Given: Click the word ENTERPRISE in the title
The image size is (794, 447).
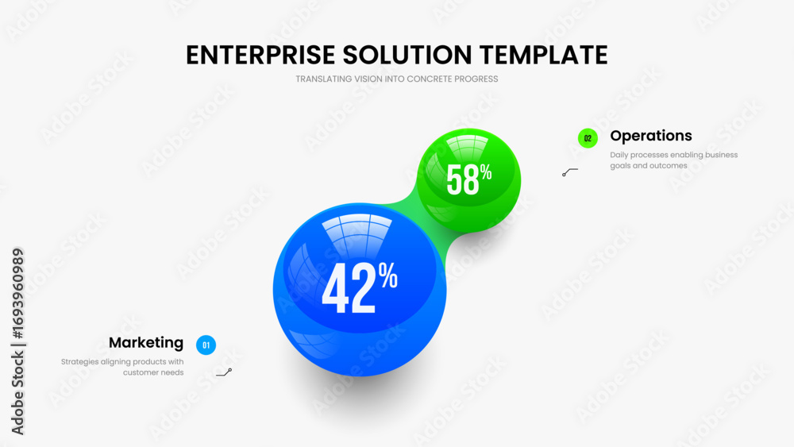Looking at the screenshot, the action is pos(260,55).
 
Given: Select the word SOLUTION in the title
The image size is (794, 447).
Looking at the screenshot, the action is pos(407,55).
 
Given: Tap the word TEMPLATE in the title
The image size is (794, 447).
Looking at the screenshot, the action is pos(543,55).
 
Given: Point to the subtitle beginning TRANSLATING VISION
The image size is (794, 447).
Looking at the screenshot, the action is pos(396,79).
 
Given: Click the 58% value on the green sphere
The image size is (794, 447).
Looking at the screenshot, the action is pos(469,179).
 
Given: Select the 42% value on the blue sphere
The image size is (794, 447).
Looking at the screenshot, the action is pos(360,287).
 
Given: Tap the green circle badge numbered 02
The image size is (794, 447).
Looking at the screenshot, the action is pos(588,138).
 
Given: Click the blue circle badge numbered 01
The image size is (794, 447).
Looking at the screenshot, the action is pos(206,345).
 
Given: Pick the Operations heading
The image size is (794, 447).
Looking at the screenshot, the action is pos(651,136).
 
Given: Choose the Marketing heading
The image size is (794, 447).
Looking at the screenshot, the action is pos(146,343).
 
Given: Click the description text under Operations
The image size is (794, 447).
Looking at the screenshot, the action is pos(673,160).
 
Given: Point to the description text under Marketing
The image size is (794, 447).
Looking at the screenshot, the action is pos(122,367).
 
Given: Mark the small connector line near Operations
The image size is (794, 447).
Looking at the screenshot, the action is pos(569,171).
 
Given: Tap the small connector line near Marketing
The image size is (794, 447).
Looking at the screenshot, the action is pos(224,372).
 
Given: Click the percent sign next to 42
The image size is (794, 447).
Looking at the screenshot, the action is pos(388,276).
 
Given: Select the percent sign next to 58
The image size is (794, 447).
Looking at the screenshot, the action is pos(486,172).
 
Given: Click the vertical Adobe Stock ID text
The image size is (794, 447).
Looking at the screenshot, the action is pos(17,341).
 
